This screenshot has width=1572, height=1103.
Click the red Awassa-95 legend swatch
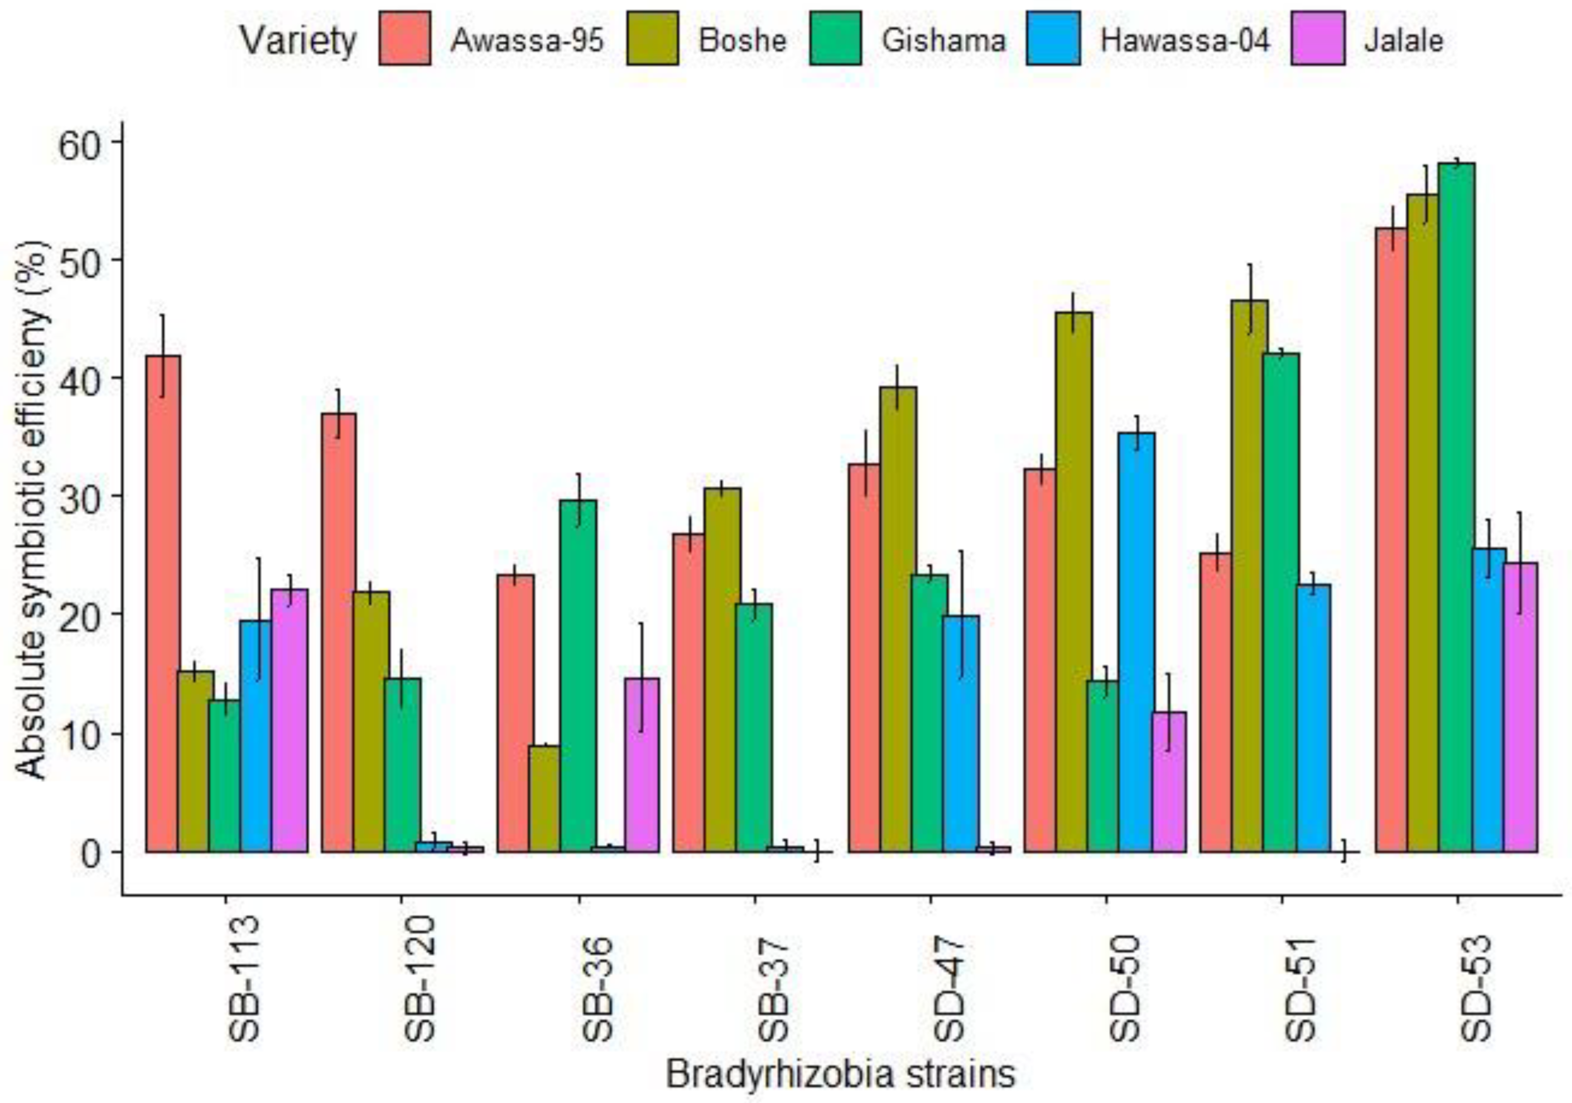tap(404, 38)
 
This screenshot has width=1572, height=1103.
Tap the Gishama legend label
tap(943, 40)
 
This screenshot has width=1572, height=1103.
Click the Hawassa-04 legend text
tap(1185, 40)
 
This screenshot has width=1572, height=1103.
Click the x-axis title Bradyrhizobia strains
tap(840, 1074)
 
